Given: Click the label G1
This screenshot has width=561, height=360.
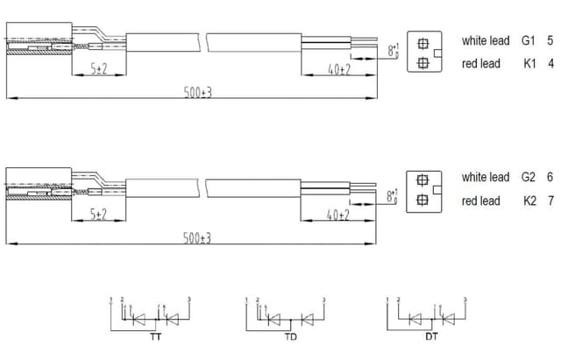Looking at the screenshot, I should click(x=527, y=41).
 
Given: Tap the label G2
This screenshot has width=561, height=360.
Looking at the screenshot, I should click(x=529, y=178).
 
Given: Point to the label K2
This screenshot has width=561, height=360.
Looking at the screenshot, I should click(x=529, y=201).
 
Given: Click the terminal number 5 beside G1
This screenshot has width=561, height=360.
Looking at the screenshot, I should click(x=550, y=41).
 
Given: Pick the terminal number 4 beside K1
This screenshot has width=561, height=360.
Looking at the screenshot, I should click(x=550, y=64).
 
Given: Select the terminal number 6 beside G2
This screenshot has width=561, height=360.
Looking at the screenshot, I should click(x=550, y=178).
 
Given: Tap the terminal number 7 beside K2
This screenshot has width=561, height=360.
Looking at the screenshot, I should click(x=550, y=201).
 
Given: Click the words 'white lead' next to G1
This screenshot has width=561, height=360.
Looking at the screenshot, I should click(x=485, y=41).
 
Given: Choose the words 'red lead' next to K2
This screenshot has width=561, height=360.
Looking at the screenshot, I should click(x=480, y=201).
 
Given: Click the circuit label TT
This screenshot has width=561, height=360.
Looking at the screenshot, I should click(x=155, y=336).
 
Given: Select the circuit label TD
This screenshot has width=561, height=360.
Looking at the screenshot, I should click(x=291, y=336).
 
